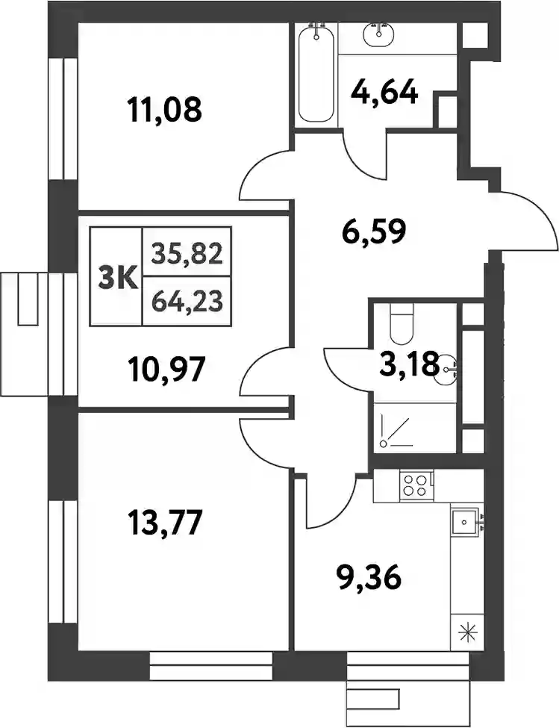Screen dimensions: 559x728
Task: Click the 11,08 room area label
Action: (x=165, y=111)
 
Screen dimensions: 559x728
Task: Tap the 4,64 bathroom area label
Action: (x=384, y=93)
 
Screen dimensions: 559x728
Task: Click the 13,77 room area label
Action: (x=165, y=523)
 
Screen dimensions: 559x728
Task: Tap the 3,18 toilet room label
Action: (x=409, y=364)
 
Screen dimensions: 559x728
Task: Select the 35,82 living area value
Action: (x=187, y=255)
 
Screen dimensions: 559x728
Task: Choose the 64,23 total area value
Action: (x=187, y=302)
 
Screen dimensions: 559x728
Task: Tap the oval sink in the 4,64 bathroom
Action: (x=379, y=34)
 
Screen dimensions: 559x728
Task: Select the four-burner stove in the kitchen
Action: (x=416, y=485)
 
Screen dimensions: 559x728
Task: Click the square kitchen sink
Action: (x=464, y=522)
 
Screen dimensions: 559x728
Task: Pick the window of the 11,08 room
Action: (x=62, y=119)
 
